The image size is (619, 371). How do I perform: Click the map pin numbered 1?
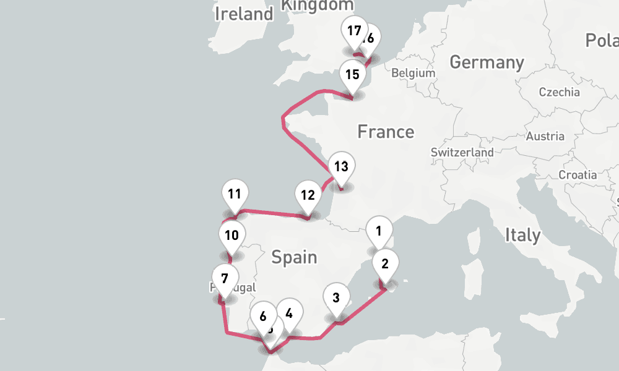click(x=379, y=232)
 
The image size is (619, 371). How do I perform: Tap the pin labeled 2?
click(x=385, y=265)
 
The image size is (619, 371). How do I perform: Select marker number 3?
click(x=336, y=298)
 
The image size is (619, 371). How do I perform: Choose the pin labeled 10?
click(x=232, y=236)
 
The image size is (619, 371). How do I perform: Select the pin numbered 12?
click(x=308, y=196)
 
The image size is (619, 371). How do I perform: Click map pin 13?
click(x=341, y=167)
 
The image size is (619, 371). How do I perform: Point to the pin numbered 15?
click(x=353, y=75)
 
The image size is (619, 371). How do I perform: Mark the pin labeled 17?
click(x=354, y=32)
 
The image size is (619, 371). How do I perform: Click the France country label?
click(x=386, y=132)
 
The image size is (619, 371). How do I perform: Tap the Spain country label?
click(x=294, y=257)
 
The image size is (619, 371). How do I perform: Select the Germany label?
click(x=487, y=62)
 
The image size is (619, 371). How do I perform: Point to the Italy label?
click(x=522, y=235)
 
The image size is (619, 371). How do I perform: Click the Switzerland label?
click(x=462, y=152)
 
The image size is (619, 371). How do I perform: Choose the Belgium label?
click(x=413, y=73)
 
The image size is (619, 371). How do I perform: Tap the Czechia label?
click(x=559, y=93)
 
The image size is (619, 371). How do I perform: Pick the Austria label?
click(x=545, y=137)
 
